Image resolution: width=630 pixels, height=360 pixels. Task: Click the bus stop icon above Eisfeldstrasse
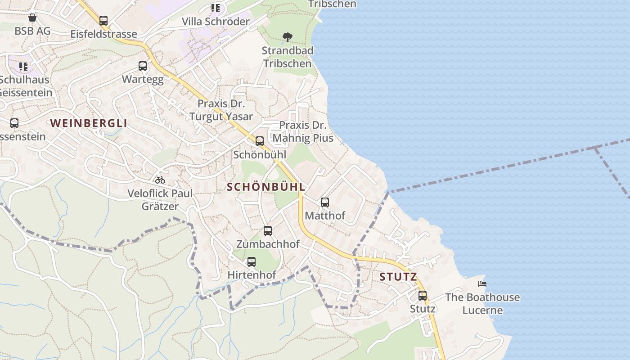(103, 20)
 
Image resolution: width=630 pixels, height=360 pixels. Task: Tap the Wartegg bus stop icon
(143, 66)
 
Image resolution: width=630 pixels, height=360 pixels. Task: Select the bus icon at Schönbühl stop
(260, 141)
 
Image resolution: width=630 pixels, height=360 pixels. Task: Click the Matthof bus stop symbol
(325, 202)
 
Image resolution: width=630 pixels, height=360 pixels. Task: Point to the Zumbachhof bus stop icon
(268, 231)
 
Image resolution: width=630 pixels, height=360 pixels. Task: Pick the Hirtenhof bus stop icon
(252, 261)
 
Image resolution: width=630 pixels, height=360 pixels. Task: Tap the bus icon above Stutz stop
(423, 296)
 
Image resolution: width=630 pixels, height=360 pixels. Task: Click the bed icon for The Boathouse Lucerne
(482, 284)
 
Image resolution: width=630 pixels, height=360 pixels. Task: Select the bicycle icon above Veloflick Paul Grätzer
(160, 180)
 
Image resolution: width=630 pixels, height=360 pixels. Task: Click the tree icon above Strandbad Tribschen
(287, 37)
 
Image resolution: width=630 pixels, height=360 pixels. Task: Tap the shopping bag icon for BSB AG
(32, 18)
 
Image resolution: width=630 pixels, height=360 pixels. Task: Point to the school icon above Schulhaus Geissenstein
(23, 67)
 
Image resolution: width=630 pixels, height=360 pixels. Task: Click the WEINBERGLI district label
(89, 123)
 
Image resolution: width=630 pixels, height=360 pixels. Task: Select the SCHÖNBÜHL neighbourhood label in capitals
(266, 187)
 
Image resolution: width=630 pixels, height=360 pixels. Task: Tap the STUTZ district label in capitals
(398, 276)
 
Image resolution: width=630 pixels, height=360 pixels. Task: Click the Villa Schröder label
(216, 22)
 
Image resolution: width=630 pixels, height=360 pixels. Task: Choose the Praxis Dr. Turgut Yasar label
(221, 110)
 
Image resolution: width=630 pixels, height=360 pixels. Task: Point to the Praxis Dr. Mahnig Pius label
(303, 131)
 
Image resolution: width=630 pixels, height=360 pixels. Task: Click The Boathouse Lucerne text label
(482, 304)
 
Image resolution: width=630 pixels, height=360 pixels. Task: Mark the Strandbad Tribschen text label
(288, 57)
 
